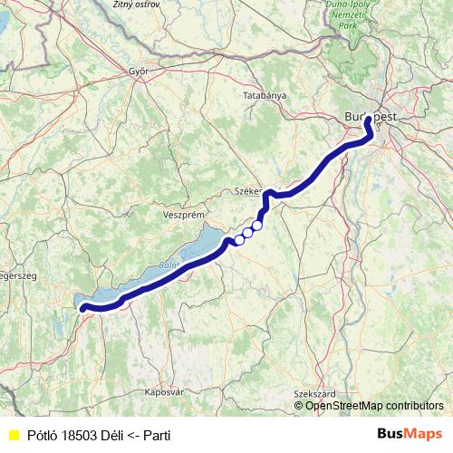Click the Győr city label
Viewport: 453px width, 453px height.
pyautogui.click(x=139, y=72)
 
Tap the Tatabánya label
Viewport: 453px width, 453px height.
pyautogui.click(x=265, y=95)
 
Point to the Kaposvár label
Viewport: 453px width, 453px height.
pyautogui.click(x=164, y=392)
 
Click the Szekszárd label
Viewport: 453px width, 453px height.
pyautogui.click(x=315, y=394)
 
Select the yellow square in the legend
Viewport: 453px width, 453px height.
pyautogui.click(x=13, y=436)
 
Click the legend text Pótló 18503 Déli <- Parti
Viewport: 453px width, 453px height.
pyautogui.click(x=99, y=436)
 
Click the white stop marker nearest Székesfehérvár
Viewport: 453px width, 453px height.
pyautogui.click(x=257, y=225)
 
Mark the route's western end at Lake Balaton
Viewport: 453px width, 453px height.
pyautogui.click(x=83, y=308)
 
